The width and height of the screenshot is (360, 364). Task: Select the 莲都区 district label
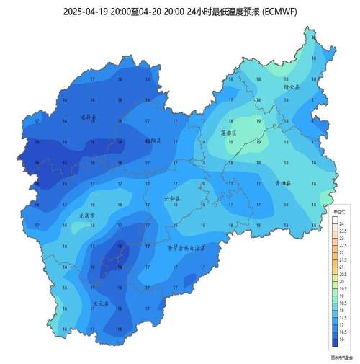[228, 133]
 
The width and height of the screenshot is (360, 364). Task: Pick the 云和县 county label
[173, 197]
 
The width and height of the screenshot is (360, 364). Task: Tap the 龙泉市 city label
[86, 215]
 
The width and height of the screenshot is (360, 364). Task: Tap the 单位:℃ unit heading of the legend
[340, 212]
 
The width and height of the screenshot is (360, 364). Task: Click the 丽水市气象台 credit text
[340, 355]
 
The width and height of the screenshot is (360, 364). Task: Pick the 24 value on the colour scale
[343, 224]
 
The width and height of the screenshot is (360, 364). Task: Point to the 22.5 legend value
[343, 245]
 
